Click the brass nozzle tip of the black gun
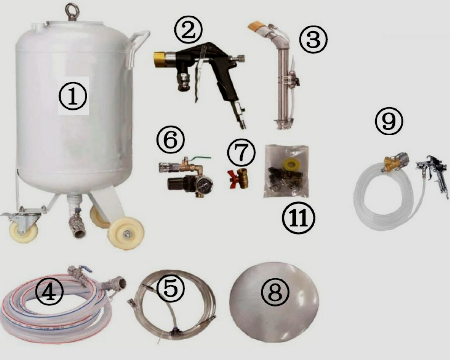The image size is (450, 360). tap(159, 60)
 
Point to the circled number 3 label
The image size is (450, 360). tap(313, 40)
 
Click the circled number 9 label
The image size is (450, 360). tap(389, 121)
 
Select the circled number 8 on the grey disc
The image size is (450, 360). tap(275, 293)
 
